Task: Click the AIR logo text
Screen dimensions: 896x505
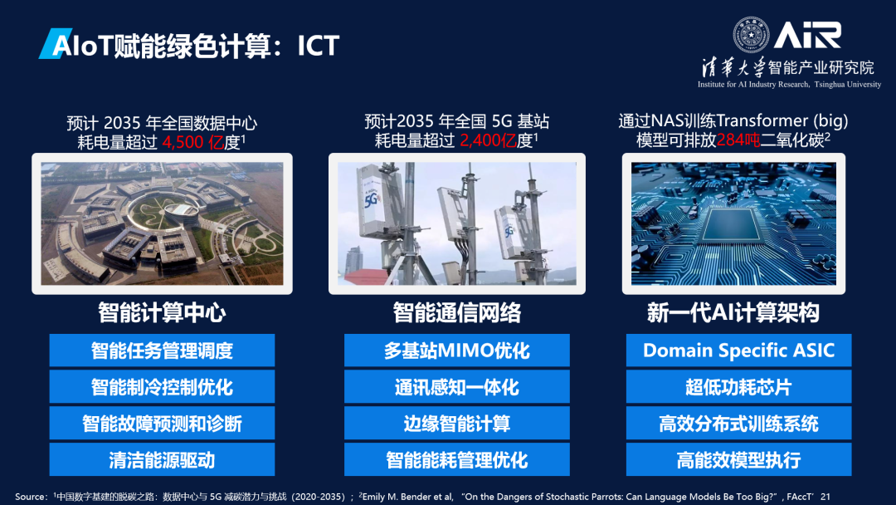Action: pyautogui.click(x=807, y=35)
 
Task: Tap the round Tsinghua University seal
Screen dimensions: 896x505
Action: pyautogui.click(x=751, y=35)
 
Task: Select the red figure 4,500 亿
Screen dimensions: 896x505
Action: pyautogui.click(x=193, y=142)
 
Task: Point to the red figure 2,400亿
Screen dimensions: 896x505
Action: pyautogui.click(x=488, y=140)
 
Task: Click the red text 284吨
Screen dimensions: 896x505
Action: pyautogui.click(x=738, y=140)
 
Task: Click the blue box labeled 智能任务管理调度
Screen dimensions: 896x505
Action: pyautogui.click(x=162, y=350)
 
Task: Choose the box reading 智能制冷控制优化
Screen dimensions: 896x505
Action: pyautogui.click(x=162, y=386)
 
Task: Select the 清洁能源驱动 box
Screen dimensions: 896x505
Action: pyautogui.click(x=162, y=459)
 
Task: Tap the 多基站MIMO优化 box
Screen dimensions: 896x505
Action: pyautogui.click(x=456, y=350)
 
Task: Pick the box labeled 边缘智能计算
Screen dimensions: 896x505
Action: pyautogui.click(x=456, y=424)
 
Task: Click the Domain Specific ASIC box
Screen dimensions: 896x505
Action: pyautogui.click(x=738, y=350)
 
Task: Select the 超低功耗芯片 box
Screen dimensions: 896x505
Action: pyautogui.click(x=738, y=386)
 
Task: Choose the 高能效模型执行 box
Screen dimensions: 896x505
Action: pyautogui.click(x=738, y=459)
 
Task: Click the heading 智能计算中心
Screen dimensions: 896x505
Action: pyautogui.click(x=162, y=313)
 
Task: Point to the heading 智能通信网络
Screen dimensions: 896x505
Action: pyautogui.click(x=456, y=313)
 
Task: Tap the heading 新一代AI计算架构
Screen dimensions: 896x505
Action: pyautogui.click(x=733, y=313)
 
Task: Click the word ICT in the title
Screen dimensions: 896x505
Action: pyautogui.click(x=319, y=47)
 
